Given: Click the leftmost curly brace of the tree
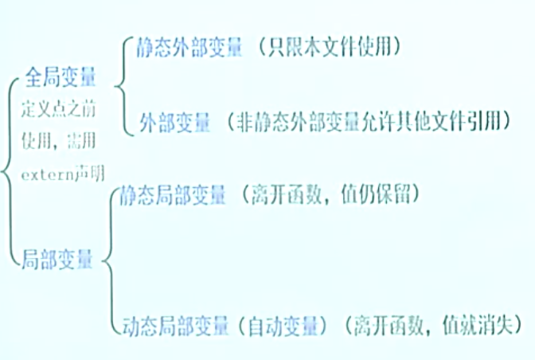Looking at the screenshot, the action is pos(8,167).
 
